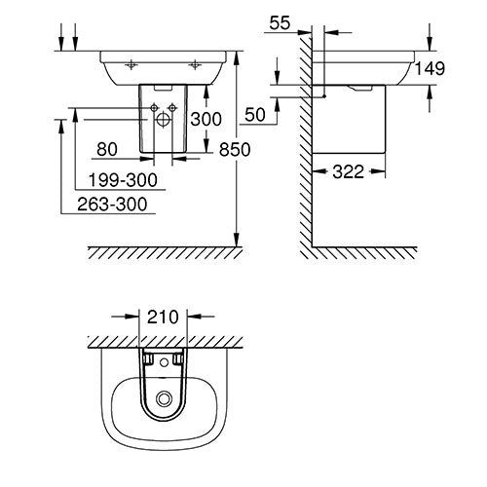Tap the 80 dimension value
click(108, 150)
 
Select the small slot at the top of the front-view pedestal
click(162, 89)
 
